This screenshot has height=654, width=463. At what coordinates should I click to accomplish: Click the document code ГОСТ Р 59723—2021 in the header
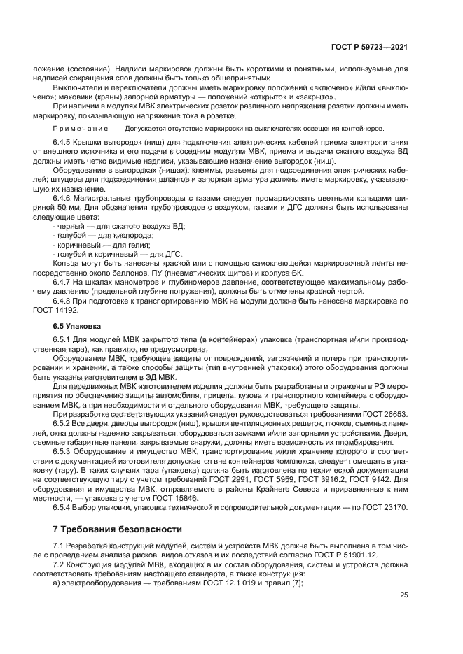click(x=370, y=48)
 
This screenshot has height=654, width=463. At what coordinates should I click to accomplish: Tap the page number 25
click(x=403, y=596)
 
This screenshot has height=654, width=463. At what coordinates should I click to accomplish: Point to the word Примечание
click(x=78, y=129)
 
